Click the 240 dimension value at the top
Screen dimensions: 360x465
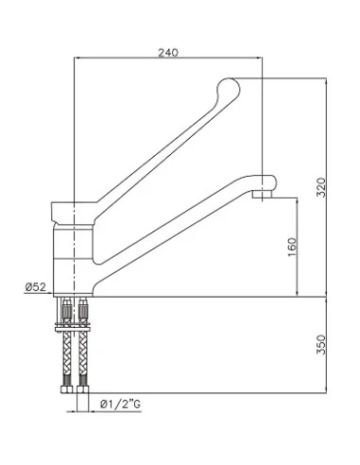pos(168,52)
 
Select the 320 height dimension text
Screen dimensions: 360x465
pos(321,187)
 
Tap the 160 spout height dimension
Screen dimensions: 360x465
pos(293,247)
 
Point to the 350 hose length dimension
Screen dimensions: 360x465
pos(321,344)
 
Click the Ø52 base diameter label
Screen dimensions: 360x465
pos(36,287)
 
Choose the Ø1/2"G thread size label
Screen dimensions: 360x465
pos(120,405)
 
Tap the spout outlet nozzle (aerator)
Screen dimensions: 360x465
pos(262,194)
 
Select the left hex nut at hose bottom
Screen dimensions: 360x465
pos(66,389)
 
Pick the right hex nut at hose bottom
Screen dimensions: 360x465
pos(83,389)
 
